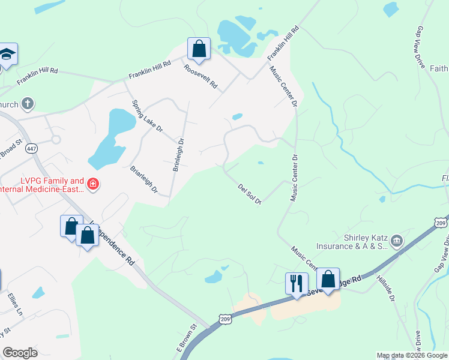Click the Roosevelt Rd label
click(x=200, y=76)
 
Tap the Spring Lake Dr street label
click(x=147, y=116)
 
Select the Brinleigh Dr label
click(x=178, y=154)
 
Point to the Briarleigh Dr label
click(x=144, y=180)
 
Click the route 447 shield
click(x=32, y=148)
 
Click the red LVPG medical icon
click(x=92, y=183)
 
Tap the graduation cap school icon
click(x=7, y=53)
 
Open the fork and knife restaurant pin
click(x=297, y=283)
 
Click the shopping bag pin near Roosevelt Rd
click(x=199, y=49)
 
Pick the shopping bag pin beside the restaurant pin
click(x=328, y=278)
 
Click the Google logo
click(x=20, y=352)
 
